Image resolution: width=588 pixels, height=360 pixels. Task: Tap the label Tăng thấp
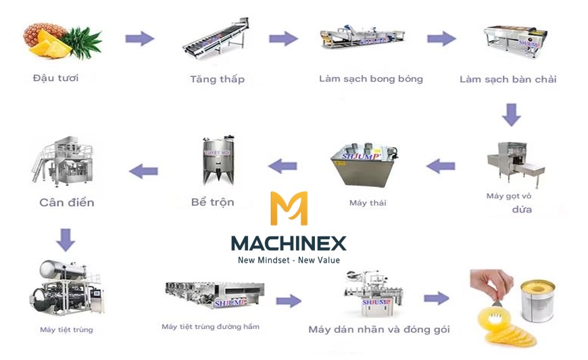tap(217, 79)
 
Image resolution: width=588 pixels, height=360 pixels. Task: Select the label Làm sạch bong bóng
tap(370, 78)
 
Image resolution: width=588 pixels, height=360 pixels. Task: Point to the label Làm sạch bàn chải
tap(508, 79)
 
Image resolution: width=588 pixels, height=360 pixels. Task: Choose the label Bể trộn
tap(212, 201)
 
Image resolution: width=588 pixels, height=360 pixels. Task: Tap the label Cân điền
tap(66, 202)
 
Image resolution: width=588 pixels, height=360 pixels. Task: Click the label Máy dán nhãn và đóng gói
tap(378, 330)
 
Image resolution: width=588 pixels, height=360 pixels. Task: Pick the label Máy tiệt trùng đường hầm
tap(210, 327)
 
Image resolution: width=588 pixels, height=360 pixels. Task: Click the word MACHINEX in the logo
tap(289, 243)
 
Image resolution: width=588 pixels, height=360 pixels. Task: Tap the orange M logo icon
tap(289, 209)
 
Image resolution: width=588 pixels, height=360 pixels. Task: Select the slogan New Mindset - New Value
tap(289, 260)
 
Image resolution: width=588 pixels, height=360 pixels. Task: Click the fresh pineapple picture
tap(62, 41)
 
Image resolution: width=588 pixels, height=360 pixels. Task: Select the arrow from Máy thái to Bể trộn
tap(283, 165)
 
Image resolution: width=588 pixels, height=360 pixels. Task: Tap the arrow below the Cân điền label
tap(65, 239)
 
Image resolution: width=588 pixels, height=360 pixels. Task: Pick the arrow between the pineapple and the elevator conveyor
tap(139, 38)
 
